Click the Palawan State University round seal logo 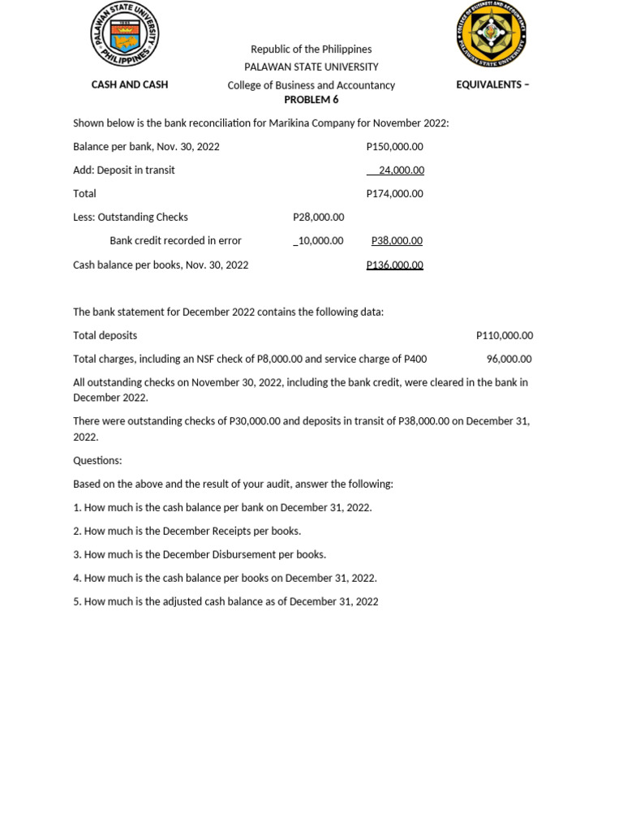[x=124, y=35]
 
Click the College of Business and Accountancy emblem [x=492, y=35]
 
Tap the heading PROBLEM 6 [x=311, y=100]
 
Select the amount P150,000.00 [x=394, y=147]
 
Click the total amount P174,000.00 [x=394, y=194]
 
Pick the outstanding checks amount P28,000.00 [x=318, y=217]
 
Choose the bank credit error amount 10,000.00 [x=319, y=241]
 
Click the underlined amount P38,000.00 [x=397, y=241]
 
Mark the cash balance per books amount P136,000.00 [x=394, y=265]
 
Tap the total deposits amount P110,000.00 [x=505, y=335]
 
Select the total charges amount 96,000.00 [x=509, y=359]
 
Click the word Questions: [x=97, y=460]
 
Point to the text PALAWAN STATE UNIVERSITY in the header [x=311, y=67]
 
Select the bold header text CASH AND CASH [x=130, y=84]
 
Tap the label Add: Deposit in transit [x=124, y=170]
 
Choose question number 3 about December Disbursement [x=200, y=554]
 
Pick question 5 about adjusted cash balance [x=226, y=601]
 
